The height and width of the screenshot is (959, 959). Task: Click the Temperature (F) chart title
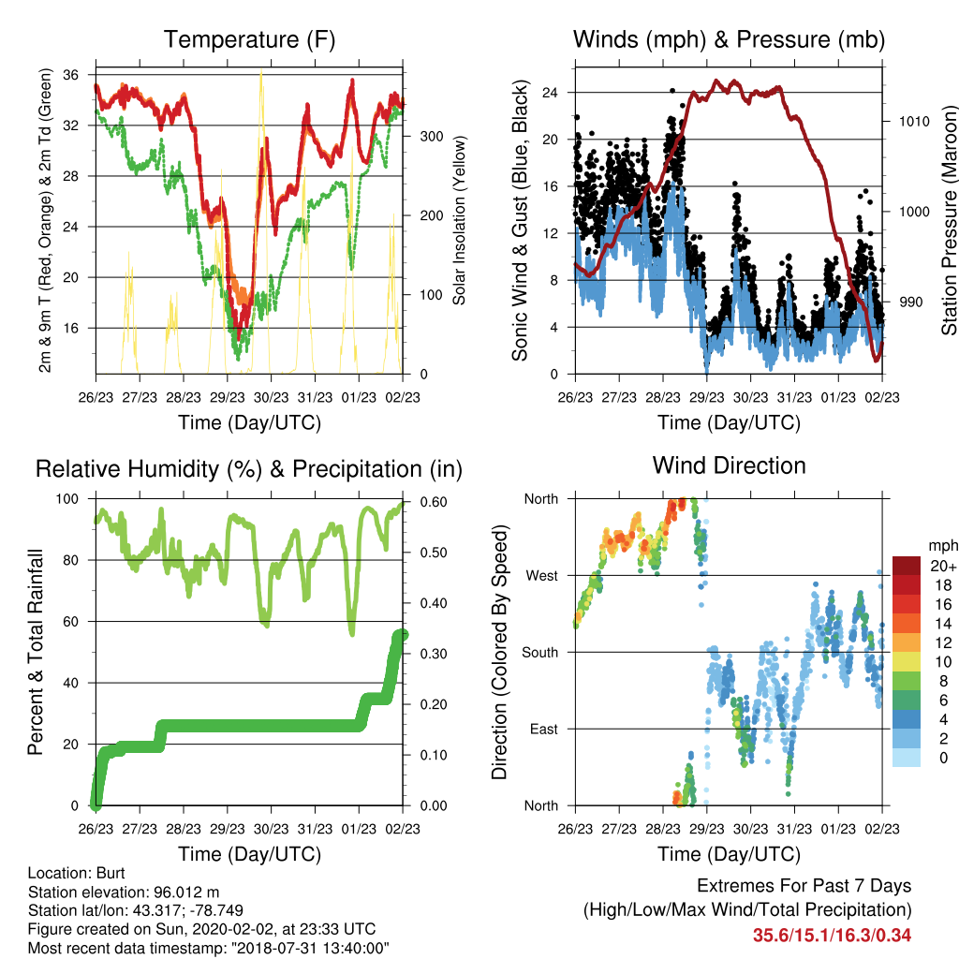pyautogui.click(x=249, y=39)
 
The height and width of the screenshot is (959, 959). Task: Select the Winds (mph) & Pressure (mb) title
pyautogui.click(x=729, y=39)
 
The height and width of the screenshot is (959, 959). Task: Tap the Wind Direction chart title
pyautogui.click(x=729, y=465)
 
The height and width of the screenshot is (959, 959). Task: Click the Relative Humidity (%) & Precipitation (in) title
pyautogui.click(x=249, y=469)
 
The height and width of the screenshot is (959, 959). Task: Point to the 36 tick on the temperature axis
pyautogui.click(x=71, y=75)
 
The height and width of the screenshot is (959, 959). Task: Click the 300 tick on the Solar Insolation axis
pyautogui.click(x=432, y=137)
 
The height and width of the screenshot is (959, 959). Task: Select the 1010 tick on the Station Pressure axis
pyautogui.click(x=914, y=121)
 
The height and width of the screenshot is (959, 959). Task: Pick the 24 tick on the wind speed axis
pyautogui.click(x=551, y=93)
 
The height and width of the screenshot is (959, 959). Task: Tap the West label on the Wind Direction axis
pyautogui.click(x=542, y=576)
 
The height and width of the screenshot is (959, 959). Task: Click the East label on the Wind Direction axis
pyautogui.click(x=544, y=729)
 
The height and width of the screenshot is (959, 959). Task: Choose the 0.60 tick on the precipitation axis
pyautogui.click(x=434, y=502)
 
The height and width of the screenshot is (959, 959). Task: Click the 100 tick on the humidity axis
pyautogui.click(x=67, y=499)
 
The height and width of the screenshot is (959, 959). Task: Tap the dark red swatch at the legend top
pyautogui.click(x=907, y=566)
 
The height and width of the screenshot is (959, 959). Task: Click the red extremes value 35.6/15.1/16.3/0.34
pyautogui.click(x=832, y=936)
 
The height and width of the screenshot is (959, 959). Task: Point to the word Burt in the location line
pyautogui.click(x=111, y=873)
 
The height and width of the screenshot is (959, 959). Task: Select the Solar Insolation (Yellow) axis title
pyautogui.click(x=459, y=220)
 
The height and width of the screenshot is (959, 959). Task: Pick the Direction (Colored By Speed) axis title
pyautogui.click(x=500, y=652)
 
